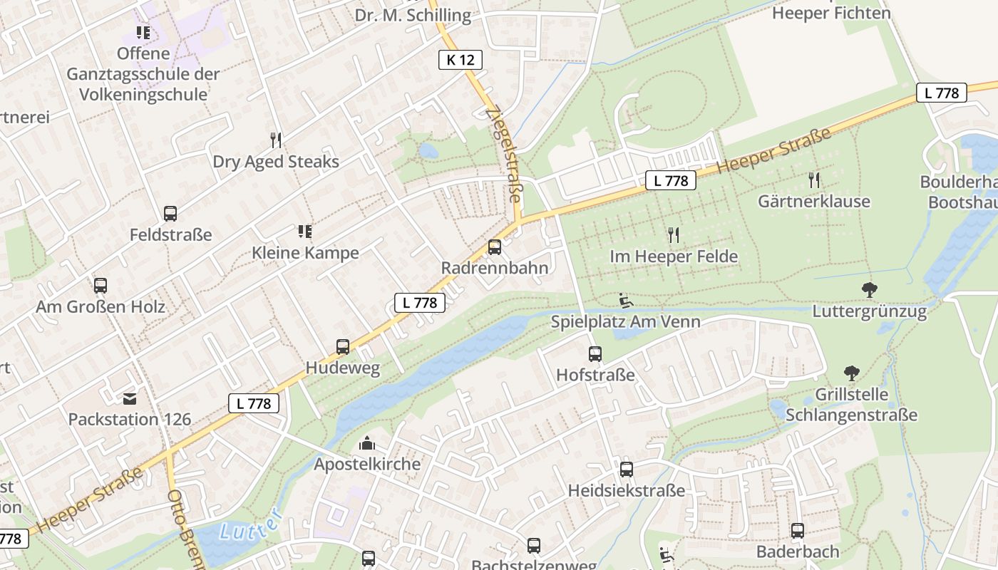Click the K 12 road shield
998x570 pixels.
(460, 60)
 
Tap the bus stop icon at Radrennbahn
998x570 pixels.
(494, 247)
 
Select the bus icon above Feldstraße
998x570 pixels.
(170, 213)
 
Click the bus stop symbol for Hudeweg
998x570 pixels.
(343, 347)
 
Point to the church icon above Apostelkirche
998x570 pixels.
(367, 443)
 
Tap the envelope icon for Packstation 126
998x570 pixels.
(130, 398)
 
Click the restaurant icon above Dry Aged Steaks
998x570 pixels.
(276, 140)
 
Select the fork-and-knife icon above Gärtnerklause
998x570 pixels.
(814, 180)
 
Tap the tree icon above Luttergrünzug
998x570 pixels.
(869, 289)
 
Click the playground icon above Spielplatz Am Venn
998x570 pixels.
(625, 301)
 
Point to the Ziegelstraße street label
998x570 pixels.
(504, 153)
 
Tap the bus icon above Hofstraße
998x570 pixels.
(595, 353)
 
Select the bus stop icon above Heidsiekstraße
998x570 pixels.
(626, 469)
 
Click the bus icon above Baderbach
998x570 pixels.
(797, 530)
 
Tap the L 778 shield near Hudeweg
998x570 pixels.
(420, 302)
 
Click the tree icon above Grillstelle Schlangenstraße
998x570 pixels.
(851, 373)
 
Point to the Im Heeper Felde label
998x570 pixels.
(674, 256)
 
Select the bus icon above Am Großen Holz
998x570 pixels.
(101, 286)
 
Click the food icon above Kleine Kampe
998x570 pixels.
(305, 231)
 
